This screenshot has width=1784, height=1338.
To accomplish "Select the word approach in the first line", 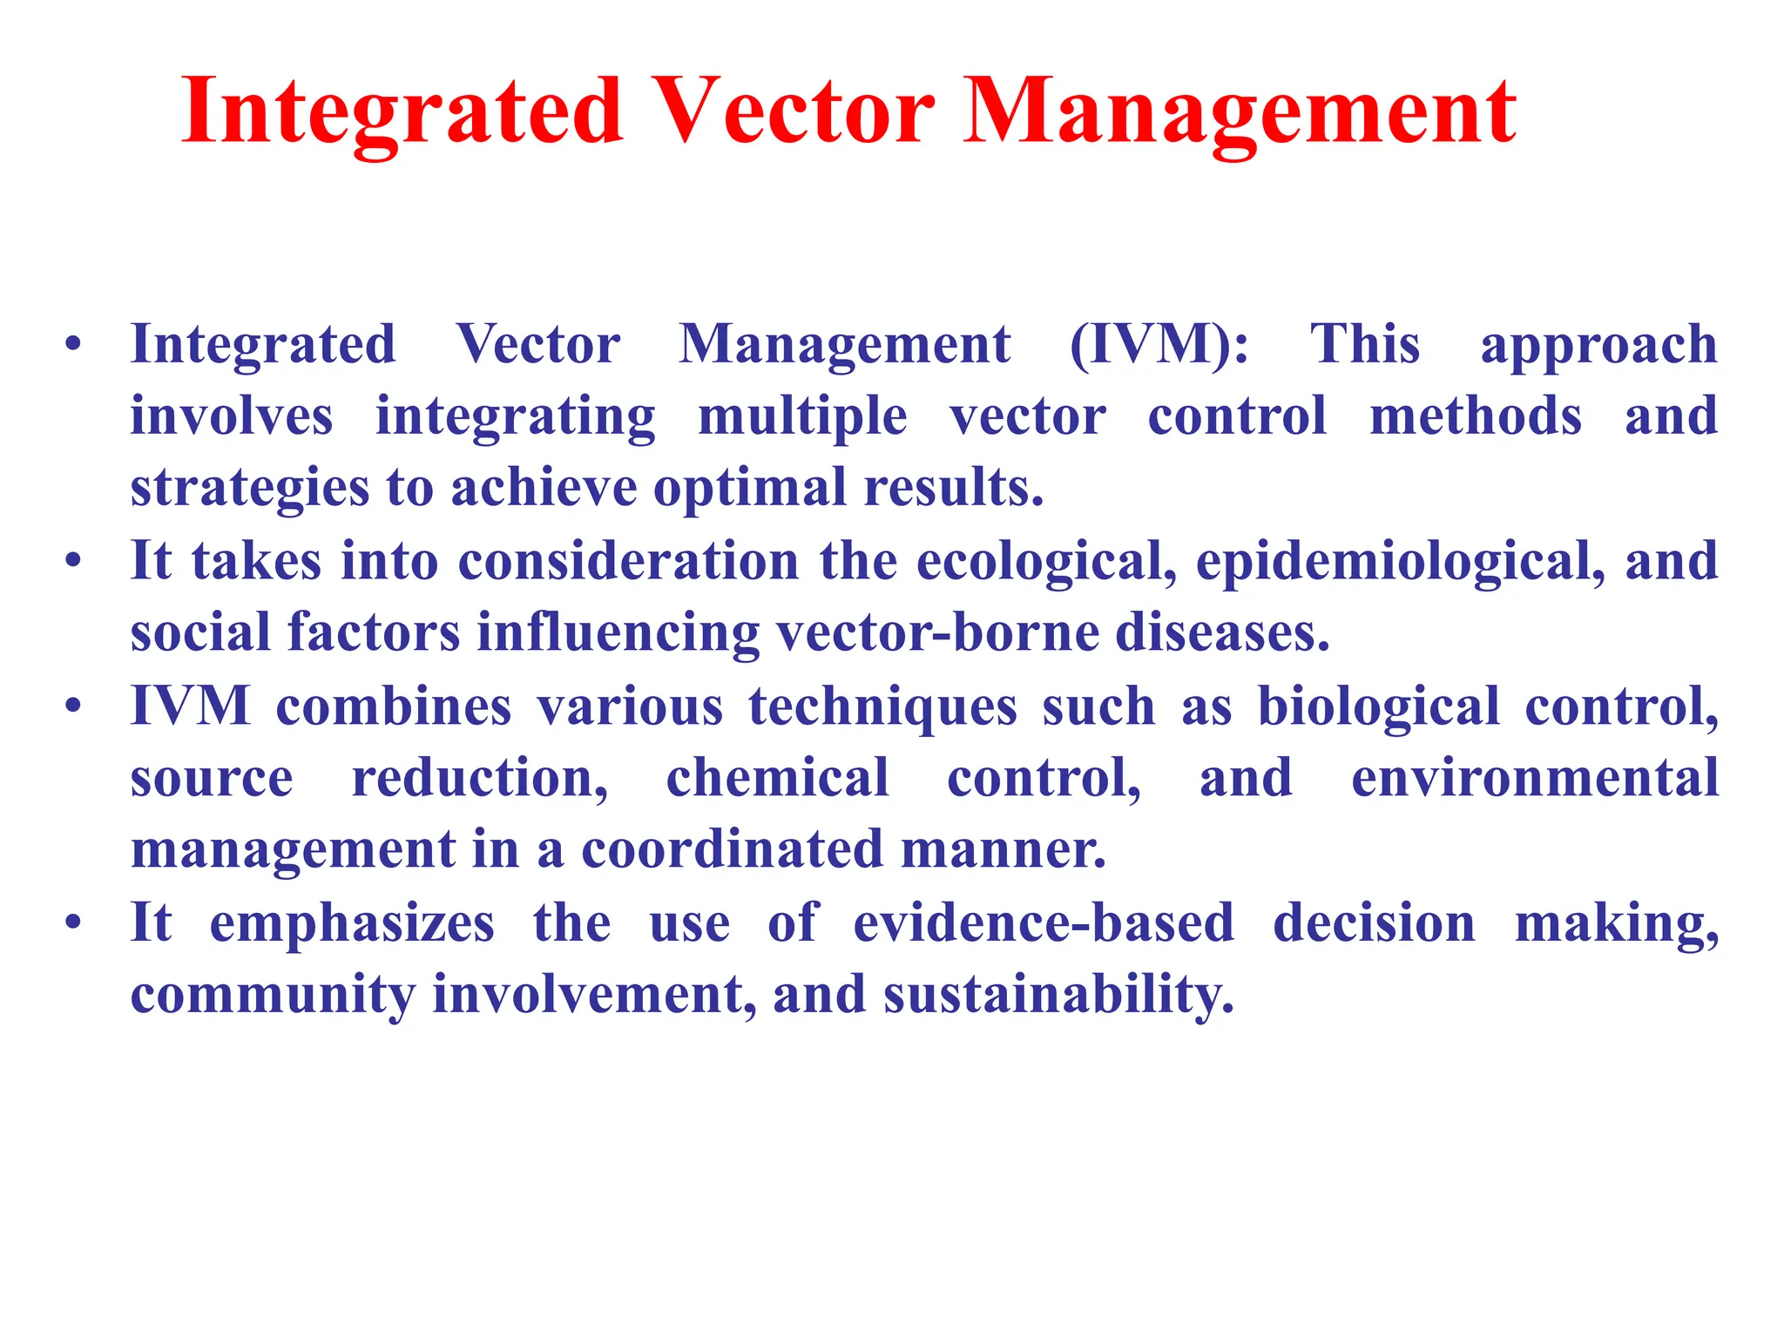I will click(1598, 346).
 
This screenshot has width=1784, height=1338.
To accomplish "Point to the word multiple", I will click(802, 417).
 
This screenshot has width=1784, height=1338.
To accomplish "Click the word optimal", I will click(750, 488).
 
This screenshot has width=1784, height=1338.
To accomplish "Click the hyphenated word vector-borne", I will click(937, 632).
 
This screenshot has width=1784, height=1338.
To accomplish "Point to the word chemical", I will click(777, 777).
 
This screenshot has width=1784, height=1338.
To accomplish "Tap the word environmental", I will click(1534, 777).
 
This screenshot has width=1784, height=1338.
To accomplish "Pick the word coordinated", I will click(732, 849).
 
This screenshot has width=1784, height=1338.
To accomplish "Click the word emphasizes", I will click(352, 923).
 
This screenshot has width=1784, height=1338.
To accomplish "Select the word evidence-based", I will click(1043, 923).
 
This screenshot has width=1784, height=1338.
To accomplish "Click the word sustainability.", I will click(1058, 995).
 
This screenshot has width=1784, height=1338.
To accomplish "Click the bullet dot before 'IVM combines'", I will click(73, 706).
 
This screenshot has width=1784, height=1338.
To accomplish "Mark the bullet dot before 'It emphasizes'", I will click(73, 922).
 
